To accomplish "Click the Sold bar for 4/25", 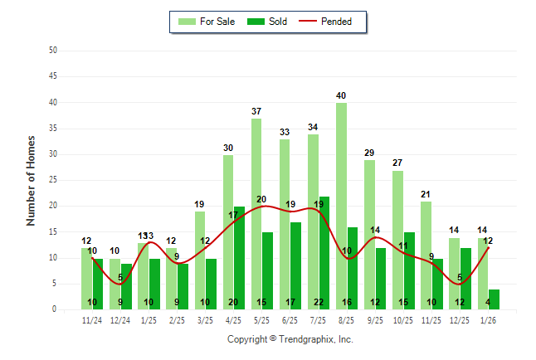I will coord(239,257).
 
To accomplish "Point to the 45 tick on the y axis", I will coord(53,76).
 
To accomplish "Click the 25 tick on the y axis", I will coord(53,180).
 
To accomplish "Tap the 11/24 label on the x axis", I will coord(92,319).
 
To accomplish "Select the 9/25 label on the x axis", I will coord(375,319).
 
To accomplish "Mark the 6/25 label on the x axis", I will coord(290,319).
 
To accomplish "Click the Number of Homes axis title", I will coord(32,180).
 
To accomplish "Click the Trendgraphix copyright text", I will coord(290,339).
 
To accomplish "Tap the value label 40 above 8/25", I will coord(341,95).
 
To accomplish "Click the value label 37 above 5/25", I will coord(256,111).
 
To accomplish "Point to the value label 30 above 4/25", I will coord(228,148).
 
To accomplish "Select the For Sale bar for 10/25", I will coord(398,240).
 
